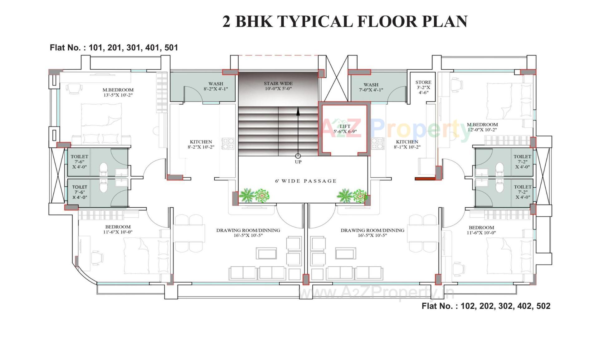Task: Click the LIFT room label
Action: click(345, 126)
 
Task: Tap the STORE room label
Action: click(423, 82)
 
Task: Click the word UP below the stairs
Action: click(298, 162)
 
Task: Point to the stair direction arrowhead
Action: click(298, 111)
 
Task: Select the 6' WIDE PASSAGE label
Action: click(306, 181)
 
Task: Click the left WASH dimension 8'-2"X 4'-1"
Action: click(216, 89)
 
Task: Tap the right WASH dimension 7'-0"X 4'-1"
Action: click(371, 90)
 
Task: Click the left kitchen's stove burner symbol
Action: click(228, 144)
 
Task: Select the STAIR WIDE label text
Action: click(278, 83)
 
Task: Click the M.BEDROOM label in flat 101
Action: click(118, 90)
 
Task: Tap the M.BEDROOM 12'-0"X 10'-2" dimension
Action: click(482, 130)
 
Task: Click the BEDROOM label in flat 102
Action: click(481, 228)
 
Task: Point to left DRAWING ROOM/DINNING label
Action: click(248, 230)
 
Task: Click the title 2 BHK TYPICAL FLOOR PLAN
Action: click(345, 22)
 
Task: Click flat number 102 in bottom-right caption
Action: click(467, 306)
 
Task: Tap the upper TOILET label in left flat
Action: click(79, 156)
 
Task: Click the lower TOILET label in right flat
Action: click(522, 187)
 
